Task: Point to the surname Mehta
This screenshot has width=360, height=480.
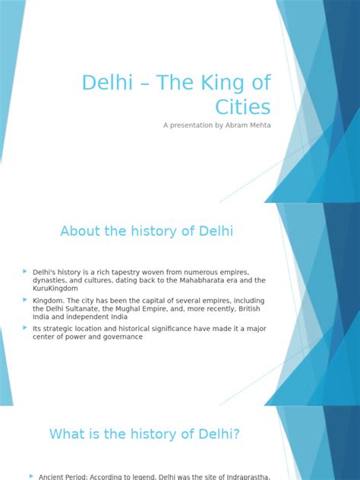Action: [x=257, y=125]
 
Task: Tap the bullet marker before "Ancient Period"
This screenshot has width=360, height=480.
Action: [x=31, y=475]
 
